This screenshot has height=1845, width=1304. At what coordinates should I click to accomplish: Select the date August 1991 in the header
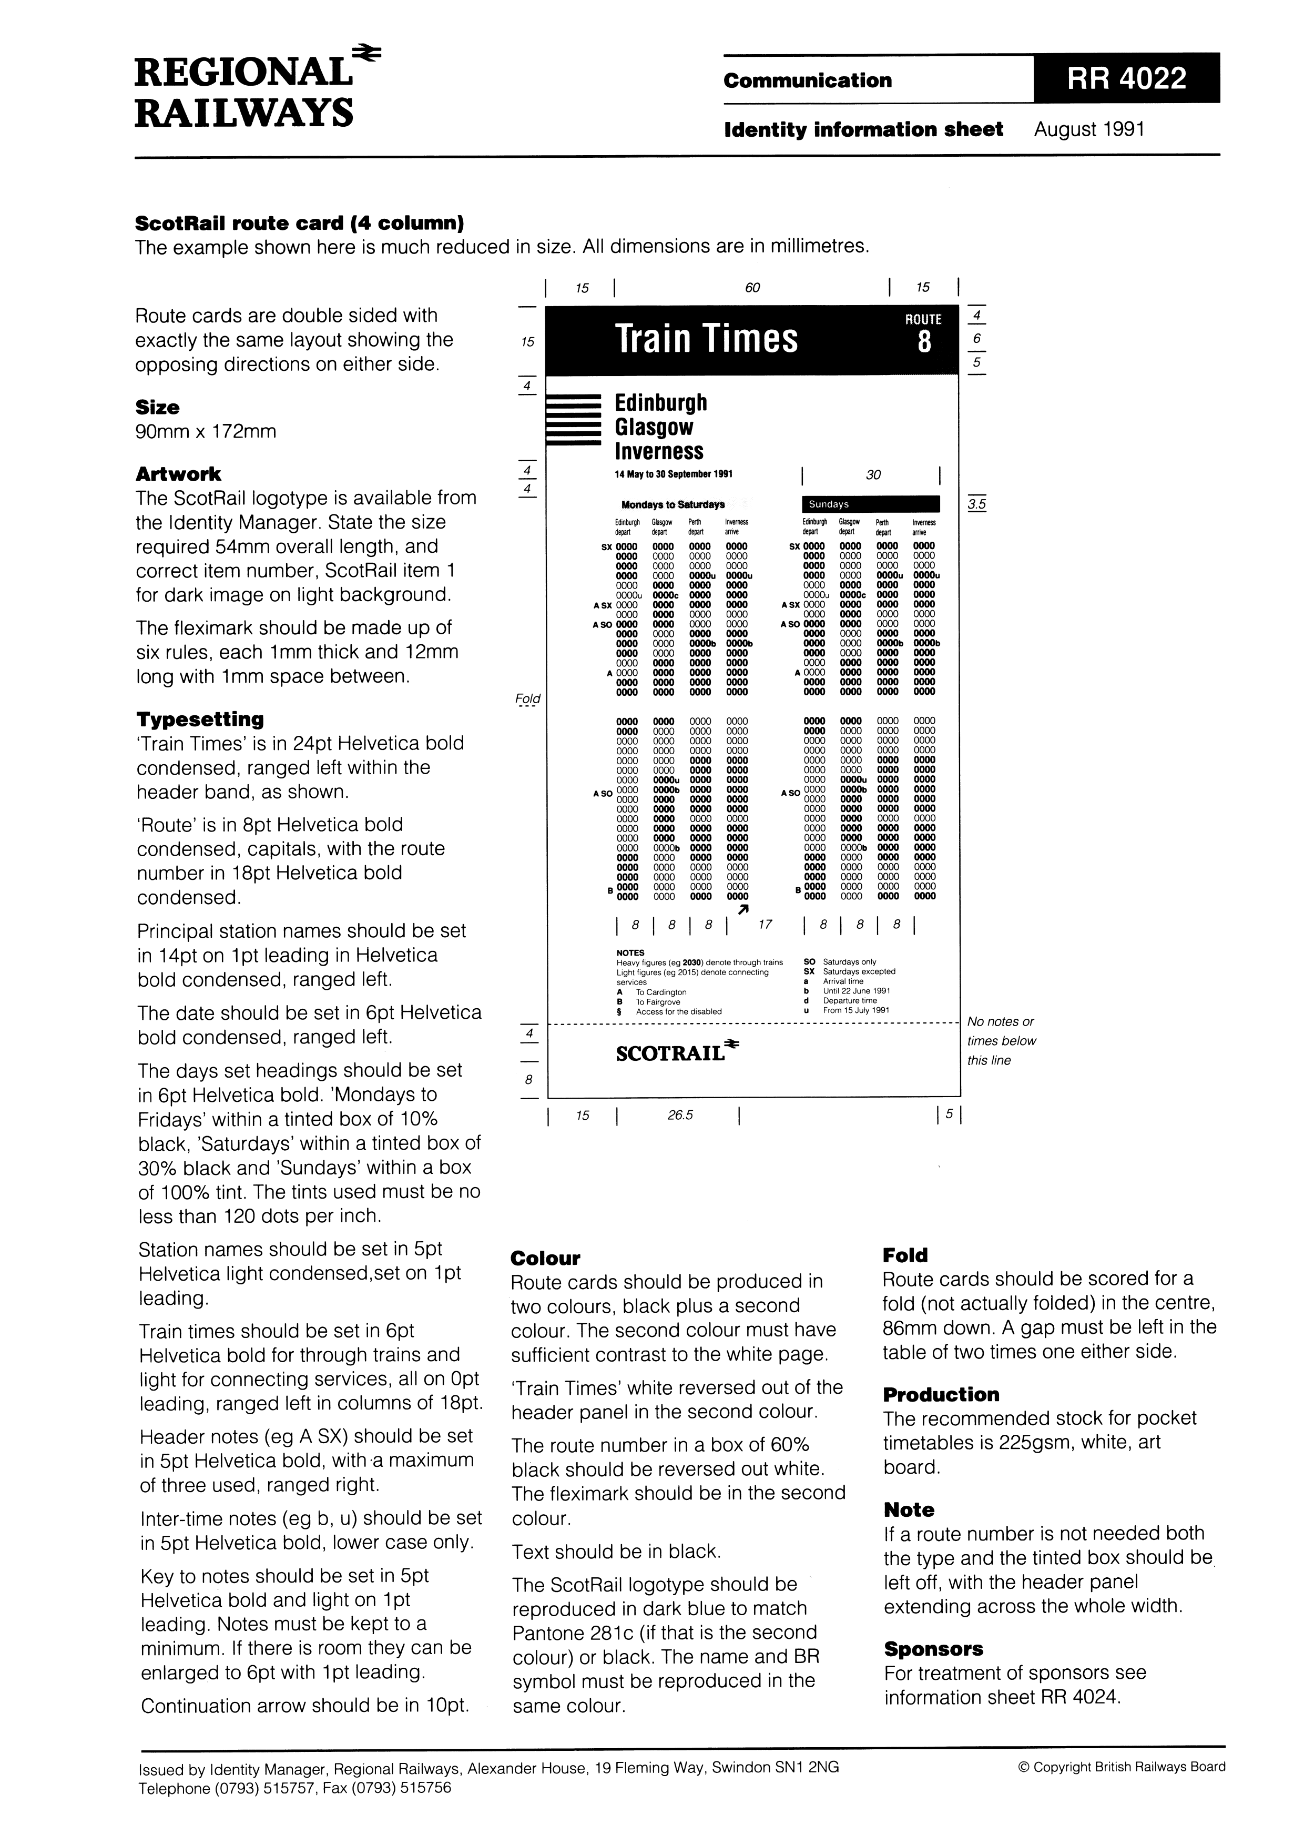pos(1088,129)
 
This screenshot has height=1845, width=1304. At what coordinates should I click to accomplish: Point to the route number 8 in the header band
pos(924,343)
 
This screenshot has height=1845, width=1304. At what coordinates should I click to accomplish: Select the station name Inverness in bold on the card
pos(659,452)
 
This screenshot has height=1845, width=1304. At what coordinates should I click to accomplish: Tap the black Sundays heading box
pos(871,505)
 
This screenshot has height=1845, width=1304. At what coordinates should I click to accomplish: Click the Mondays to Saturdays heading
pos(673,505)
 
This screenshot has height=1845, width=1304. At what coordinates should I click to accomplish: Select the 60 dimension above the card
pos(752,288)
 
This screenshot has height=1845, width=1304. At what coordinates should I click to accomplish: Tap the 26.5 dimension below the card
pos(680,1116)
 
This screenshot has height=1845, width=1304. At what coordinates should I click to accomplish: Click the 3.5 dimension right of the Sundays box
pos(977,505)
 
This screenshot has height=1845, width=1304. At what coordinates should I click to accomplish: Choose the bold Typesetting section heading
pos(200,719)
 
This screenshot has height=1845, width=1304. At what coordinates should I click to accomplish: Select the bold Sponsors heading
pos(933,1649)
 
